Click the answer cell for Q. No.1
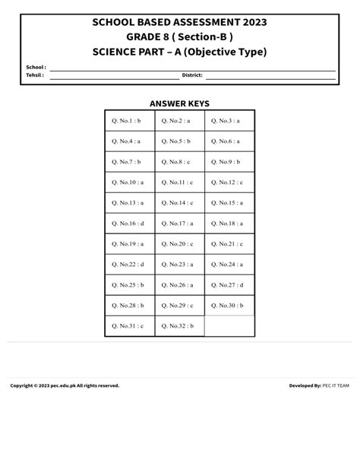[129, 120]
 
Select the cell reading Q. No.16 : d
[129, 223]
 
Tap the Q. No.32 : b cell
[179, 325]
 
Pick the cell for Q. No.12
[229, 182]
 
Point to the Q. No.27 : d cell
[229, 284]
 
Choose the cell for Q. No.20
[179, 243]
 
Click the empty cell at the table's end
[229, 325]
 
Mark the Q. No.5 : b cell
[179, 141]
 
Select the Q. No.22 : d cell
[129, 264]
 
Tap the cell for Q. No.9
[229, 161]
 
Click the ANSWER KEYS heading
[179, 103]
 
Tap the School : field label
[36, 68]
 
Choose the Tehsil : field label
[35, 75]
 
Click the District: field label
[191, 75]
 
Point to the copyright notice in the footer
[65, 385]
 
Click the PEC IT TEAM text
[336, 385]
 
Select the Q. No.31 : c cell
[129, 325]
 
